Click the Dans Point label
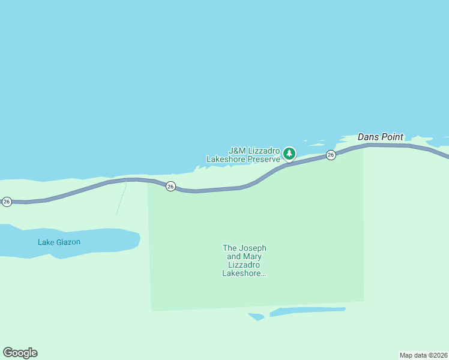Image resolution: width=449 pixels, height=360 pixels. coord(381,137)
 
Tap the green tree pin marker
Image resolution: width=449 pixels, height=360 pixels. coord(289,154)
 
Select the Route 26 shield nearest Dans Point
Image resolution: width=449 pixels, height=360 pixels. coord(331,155)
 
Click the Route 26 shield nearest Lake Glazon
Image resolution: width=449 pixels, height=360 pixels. coord(7,202)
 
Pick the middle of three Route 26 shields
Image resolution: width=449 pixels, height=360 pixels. coord(170,187)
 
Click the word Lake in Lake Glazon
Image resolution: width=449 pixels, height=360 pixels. coord(45,242)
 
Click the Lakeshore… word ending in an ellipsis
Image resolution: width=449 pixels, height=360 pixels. coord(244,274)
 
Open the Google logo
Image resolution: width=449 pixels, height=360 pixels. coord(20,353)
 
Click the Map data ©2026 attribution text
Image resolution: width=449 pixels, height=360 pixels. coord(423,355)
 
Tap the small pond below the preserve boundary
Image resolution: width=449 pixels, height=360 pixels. coord(257,317)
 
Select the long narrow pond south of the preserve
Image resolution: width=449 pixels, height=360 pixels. coord(307,311)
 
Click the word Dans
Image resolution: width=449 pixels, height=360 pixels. coord(367,137)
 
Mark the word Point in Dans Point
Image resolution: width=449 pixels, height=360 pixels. coord(391,137)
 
